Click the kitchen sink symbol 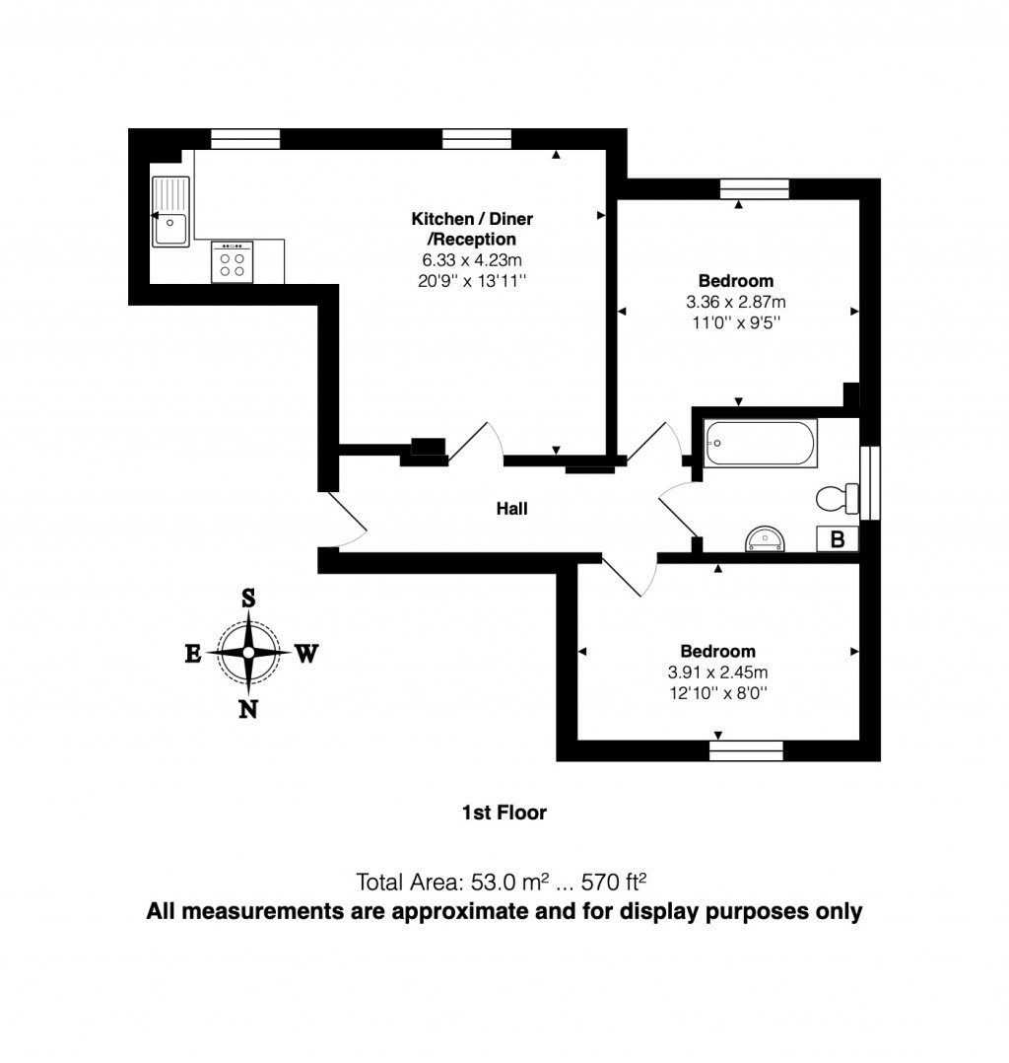[x=170, y=213]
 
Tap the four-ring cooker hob [x=233, y=262]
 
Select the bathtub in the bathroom [x=760, y=444]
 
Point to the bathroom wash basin [x=766, y=538]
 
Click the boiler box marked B [x=838, y=539]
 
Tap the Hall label [x=511, y=509]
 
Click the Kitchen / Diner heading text [x=471, y=219]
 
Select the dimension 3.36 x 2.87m [x=736, y=302]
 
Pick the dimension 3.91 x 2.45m [x=717, y=673]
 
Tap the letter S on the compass [x=248, y=598]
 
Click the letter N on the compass [x=249, y=708]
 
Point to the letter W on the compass [x=306, y=653]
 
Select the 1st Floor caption [x=504, y=813]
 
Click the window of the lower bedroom [x=746, y=751]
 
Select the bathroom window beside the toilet [x=870, y=483]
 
